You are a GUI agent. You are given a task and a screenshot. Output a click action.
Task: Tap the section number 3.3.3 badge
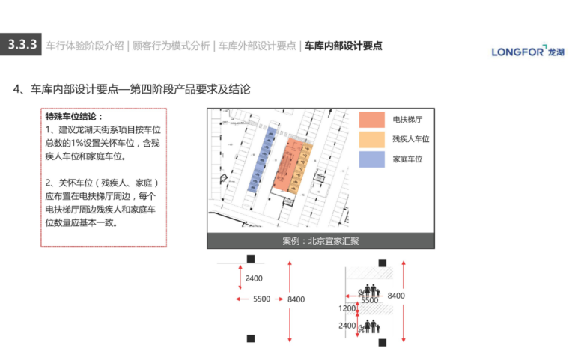click(22, 46)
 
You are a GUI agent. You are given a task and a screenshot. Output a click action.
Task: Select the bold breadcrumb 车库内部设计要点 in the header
click(343, 46)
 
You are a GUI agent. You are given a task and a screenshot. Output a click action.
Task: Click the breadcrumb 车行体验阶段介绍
click(85, 46)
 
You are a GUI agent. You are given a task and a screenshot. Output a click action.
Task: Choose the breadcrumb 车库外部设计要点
click(257, 46)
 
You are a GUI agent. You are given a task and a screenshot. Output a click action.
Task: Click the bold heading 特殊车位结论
click(74, 118)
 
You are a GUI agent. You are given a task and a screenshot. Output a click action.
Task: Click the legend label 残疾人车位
click(410, 139)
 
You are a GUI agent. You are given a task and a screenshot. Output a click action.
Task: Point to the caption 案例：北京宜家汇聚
click(320, 241)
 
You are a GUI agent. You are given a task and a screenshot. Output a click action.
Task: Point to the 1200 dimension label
click(347, 308)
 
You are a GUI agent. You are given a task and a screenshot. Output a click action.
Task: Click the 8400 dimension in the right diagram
click(396, 296)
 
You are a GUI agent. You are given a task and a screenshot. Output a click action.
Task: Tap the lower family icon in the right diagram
click(370, 326)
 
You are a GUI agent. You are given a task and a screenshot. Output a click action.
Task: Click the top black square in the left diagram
click(252, 259)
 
